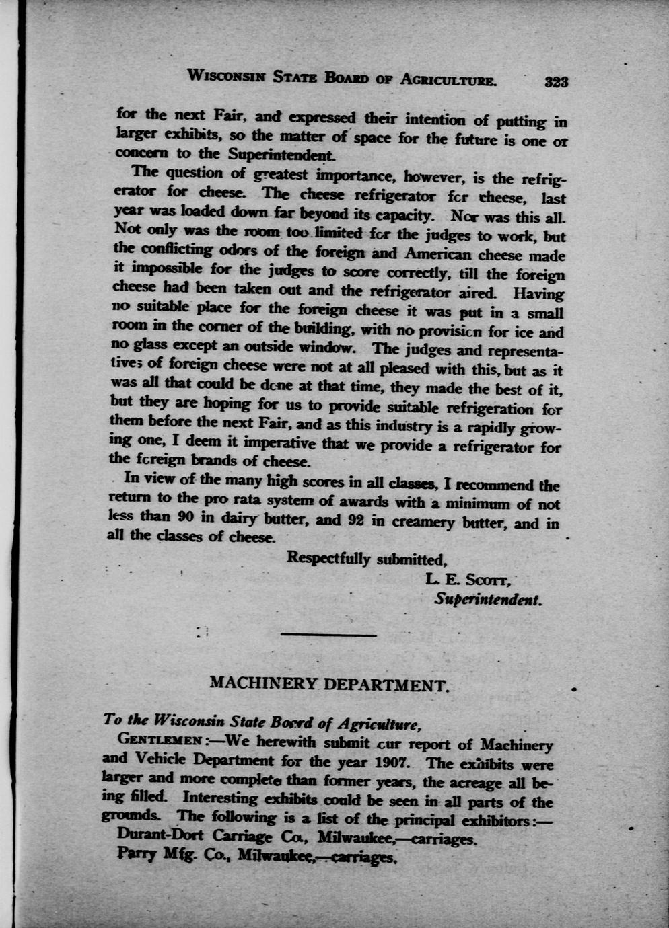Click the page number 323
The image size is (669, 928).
(557, 82)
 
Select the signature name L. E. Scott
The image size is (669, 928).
(470, 579)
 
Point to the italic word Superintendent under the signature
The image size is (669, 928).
(488, 598)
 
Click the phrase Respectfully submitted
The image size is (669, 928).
(367, 558)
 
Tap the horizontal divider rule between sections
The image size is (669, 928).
(328, 635)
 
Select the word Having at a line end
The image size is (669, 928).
(538, 294)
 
